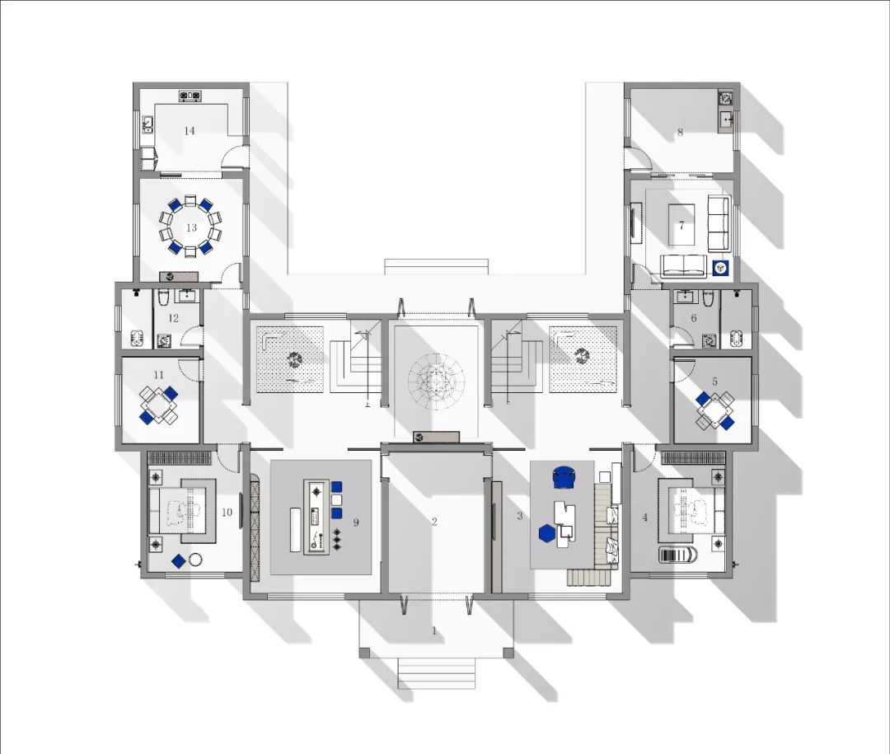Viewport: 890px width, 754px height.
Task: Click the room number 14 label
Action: (x=190, y=131)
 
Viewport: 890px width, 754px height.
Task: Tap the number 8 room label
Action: (x=680, y=132)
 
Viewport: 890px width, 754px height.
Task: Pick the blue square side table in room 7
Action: (x=720, y=267)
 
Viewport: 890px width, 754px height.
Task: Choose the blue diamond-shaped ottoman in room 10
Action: (x=178, y=561)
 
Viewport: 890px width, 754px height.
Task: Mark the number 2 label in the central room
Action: (x=434, y=521)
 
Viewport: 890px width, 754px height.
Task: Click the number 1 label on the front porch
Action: (x=434, y=631)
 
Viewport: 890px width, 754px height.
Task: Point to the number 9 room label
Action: (x=356, y=521)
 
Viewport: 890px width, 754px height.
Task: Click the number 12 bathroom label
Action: (x=174, y=317)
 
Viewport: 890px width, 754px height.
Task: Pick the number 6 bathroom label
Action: (x=694, y=317)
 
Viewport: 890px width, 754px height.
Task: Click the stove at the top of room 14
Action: (x=190, y=96)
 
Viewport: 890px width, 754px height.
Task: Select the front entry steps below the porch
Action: (x=437, y=673)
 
